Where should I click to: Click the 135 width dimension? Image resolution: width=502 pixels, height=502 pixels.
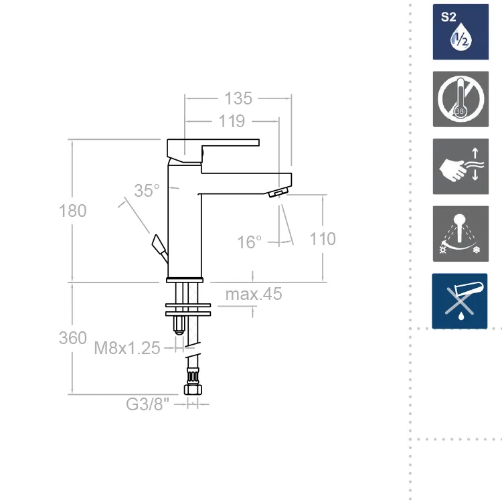[x=238, y=98]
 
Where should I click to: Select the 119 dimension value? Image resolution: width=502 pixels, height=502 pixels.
[x=232, y=121]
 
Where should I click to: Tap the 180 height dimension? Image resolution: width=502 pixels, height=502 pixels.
[x=73, y=211]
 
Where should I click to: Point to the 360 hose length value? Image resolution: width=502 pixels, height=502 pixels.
[x=73, y=338]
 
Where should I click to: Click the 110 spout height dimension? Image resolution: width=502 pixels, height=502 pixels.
[x=323, y=239]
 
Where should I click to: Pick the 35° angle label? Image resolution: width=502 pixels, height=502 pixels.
[x=147, y=191]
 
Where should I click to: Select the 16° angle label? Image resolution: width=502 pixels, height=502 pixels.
[x=249, y=242]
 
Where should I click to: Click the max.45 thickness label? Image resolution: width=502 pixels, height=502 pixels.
[x=254, y=294]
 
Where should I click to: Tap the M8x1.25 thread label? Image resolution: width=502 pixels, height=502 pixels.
[x=127, y=347]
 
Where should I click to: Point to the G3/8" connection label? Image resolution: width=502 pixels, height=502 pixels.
[x=147, y=404]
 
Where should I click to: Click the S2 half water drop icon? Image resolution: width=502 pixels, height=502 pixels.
[x=461, y=31]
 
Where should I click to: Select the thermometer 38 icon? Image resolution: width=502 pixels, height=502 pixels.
[x=461, y=99]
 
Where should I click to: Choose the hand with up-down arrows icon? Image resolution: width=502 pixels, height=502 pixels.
[x=461, y=167]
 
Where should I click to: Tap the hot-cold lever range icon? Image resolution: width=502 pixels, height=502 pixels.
[x=461, y=234]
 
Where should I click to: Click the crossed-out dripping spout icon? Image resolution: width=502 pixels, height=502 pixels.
[x=460, y=301]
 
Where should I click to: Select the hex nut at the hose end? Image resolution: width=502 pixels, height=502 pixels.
[x=193, y=390]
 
